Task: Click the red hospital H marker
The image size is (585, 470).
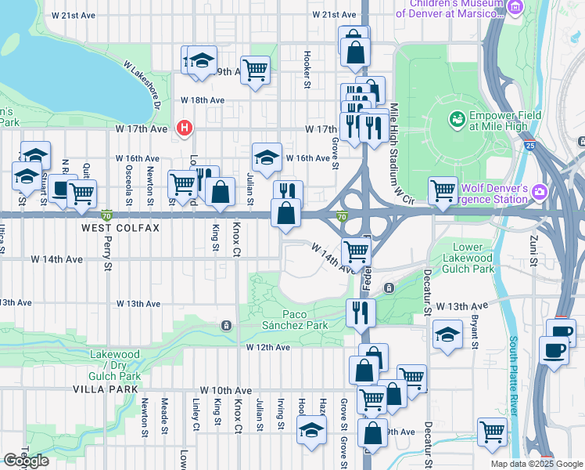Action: pyautogui.click(x=185, y=128)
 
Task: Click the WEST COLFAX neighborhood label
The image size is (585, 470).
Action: pyautogui.click(x=120, y=228)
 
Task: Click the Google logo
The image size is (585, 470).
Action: pyautogui.click(x=26, y=461)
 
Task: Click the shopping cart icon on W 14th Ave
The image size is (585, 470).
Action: pyautogui.click(x=357, y=251)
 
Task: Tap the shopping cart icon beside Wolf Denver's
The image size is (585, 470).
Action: pyautogui.click(x=443, y=190)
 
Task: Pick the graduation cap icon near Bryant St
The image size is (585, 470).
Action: pyautogui.click(x=446, y=334)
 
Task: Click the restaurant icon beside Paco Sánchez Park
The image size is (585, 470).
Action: pyautogui.click(x=360, y=312)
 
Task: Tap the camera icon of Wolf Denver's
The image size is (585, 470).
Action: pyautogui.click(x=539, y=192)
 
